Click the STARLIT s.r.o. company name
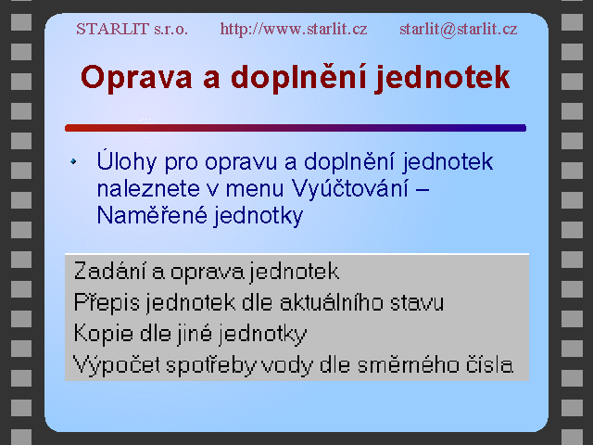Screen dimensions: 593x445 (x=132, y=29)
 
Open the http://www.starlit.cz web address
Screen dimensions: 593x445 (x=294, y=29)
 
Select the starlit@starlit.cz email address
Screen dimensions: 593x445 (x=459, y=29)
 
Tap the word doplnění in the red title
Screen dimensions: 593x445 (x=298, y=78)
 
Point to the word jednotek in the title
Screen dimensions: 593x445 (x=443, y=78)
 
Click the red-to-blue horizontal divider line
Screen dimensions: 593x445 (x=296, y=128)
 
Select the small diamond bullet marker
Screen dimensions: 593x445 (x=73, y=161)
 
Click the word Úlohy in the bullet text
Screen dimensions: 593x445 (x=127, y=161)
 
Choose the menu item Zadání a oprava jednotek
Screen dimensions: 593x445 (x=206, y=272)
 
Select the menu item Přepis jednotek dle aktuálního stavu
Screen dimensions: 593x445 (x=259, y=303)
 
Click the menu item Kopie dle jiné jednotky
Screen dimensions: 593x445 (x=190, y=334)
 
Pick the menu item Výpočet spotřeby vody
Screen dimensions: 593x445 (x=293, y=365)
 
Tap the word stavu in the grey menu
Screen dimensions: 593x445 (x=417, y=303)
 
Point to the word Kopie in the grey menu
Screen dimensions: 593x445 (x=103, y=334)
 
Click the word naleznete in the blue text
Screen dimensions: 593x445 (x=148, y=189)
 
